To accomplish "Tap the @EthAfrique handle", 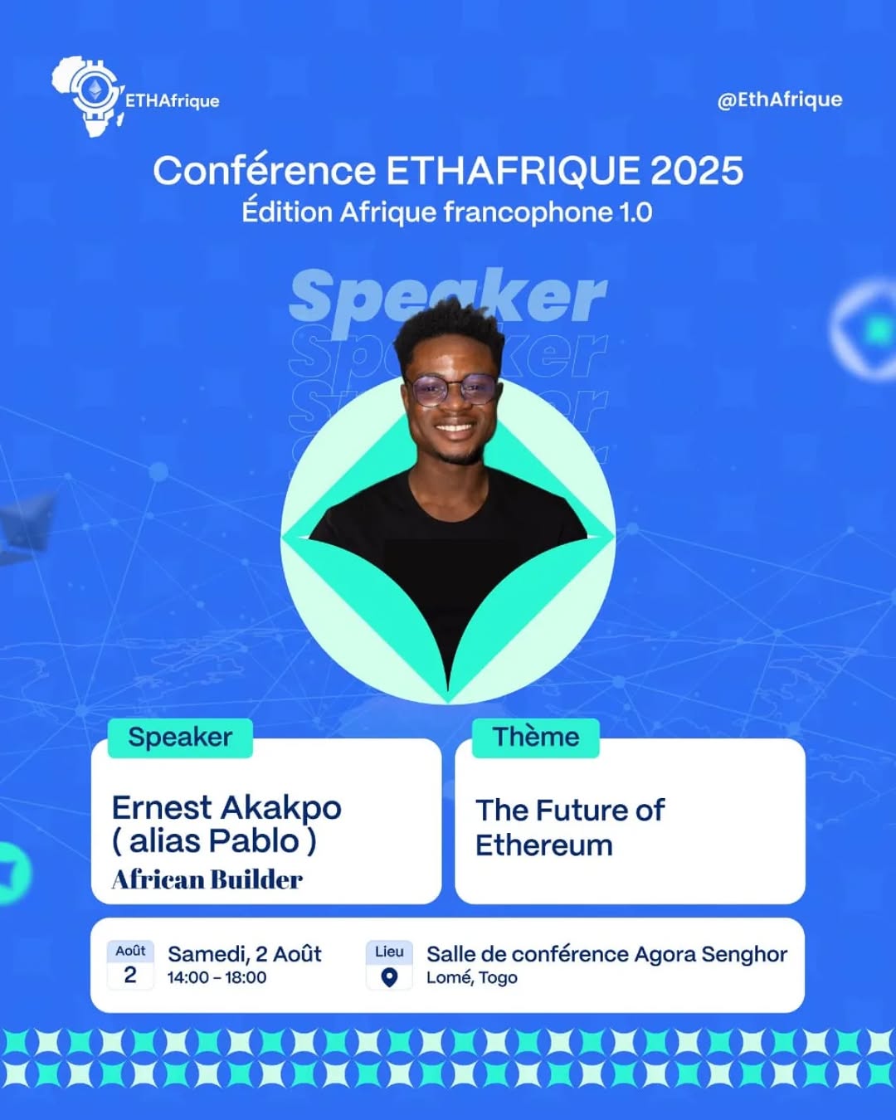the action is coord(779,100).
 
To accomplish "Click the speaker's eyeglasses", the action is coord(451,389).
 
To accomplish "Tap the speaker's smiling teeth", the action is coord(455,428).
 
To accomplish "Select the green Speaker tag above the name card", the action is coord(180,738).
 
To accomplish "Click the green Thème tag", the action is coord(536,738).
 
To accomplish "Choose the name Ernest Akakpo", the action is coord(226,808).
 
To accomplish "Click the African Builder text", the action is coord(207,880).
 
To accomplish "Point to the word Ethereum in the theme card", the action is coord(544,845).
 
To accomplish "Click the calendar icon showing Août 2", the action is coord(130,966).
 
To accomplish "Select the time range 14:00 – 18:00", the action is coord(217,977).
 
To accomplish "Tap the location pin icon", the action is coord(389,977).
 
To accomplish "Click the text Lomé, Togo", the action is coord(472,978).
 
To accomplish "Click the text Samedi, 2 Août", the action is coord(244,954).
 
